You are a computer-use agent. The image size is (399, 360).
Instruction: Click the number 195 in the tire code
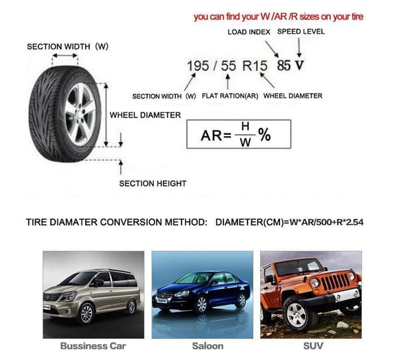(198, 66)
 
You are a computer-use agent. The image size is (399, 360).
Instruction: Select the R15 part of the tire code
(255, 66)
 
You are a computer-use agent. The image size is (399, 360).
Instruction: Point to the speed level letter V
(299, 66)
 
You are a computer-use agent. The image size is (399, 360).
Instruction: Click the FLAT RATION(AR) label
(229, 96)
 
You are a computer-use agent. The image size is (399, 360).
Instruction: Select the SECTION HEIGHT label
(152, 183)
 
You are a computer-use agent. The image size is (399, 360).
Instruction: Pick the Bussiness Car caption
(92, 346)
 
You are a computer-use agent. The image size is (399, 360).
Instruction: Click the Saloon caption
(207, 346)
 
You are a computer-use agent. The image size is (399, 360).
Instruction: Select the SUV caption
(312, 346)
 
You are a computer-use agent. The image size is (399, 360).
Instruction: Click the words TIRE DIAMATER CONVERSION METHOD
(116, 222)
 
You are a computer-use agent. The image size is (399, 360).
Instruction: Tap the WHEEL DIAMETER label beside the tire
(145, 115)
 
